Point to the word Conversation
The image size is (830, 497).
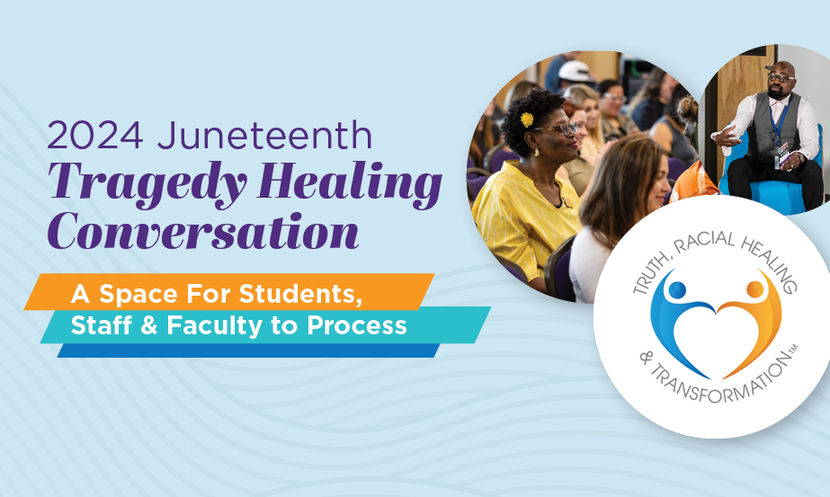coord(203,231)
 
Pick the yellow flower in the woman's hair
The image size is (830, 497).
coord(527,119)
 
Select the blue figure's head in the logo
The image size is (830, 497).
coord(675,290)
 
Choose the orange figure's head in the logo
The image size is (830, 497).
coord(755,289)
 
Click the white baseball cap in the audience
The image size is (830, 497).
coord(574,71)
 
